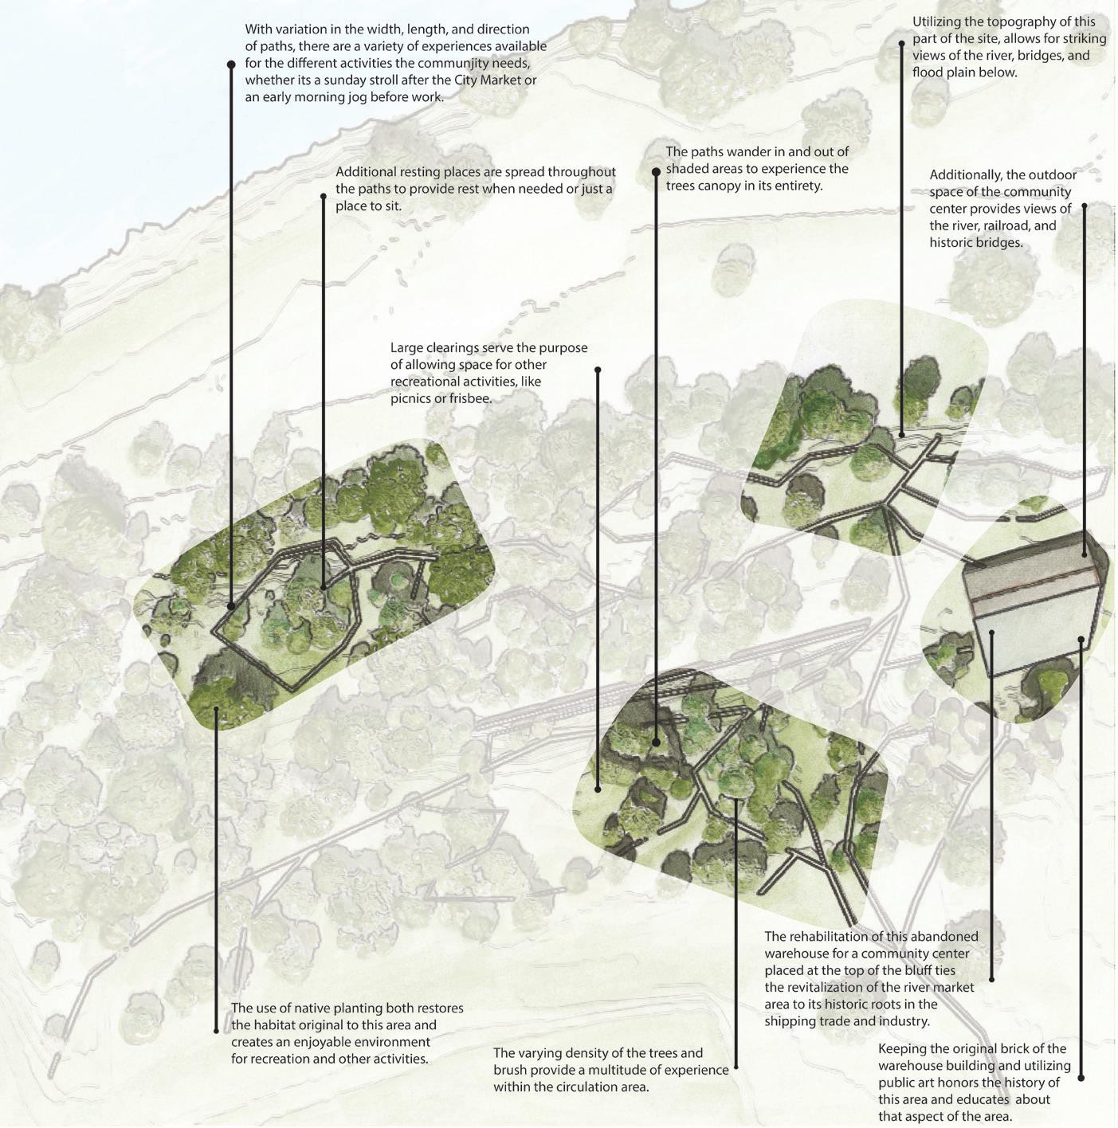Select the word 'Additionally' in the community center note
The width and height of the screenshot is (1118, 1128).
[x=965, y=175]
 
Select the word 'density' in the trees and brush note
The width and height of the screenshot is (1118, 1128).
[x=604, y=1054]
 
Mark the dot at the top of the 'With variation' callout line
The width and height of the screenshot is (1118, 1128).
[x=231, y=64]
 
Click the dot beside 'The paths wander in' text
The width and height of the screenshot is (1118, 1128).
[x=656, y=171]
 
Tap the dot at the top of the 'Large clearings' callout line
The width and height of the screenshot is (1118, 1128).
[x=598, y=370]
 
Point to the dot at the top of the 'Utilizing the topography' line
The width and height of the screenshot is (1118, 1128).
[x=901, y=44]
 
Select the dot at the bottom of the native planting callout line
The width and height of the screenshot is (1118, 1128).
[x=216, y=1031]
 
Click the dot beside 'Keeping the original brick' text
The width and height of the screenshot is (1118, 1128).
[x=1081, y=1078]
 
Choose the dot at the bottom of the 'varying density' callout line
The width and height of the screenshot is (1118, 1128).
[x=736, y=1066]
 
